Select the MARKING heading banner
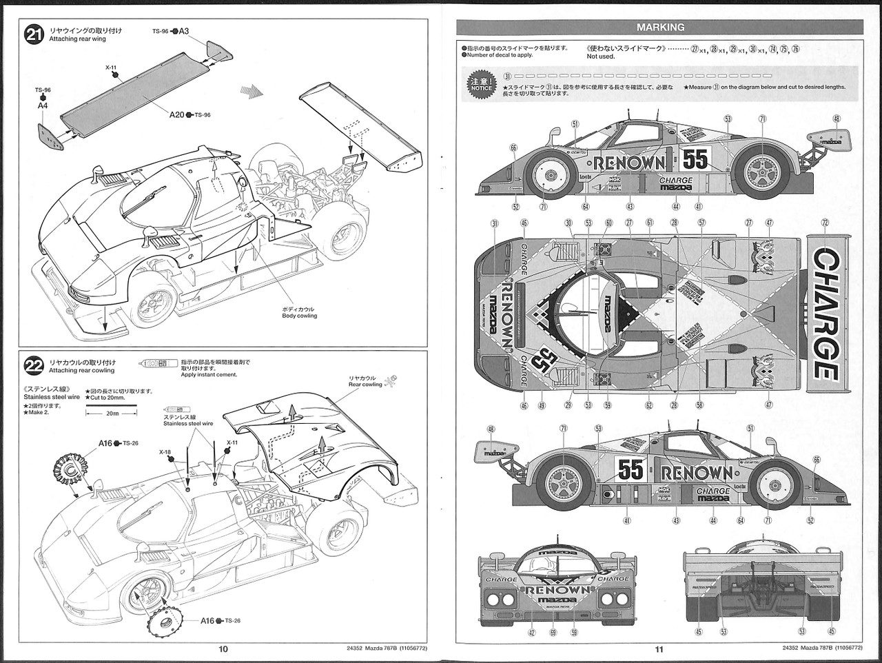click(659, 28)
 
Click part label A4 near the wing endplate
click(43, 106)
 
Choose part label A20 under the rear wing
click(176, 114)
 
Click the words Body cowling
click(300, 316)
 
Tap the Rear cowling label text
click(365, 385)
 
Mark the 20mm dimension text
click(110, 415)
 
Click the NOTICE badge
click(479, 82)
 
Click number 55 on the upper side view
click(695, 160)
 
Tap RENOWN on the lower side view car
click(697, 472)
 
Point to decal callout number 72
click(825, 223)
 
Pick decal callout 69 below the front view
click(553, 632)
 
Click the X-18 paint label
click(165, 453)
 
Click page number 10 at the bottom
click(223, 649)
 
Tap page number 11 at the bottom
click(659, 649)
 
